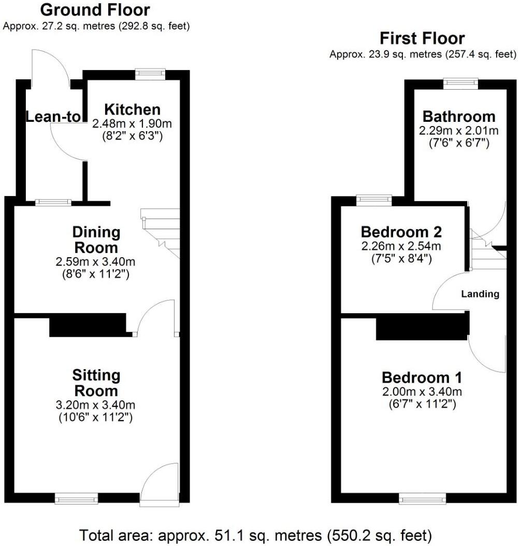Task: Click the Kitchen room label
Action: coord(132,109)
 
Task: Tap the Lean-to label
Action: coord(54,117)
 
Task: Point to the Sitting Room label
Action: coord(96,383)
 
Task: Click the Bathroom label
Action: coord(458,116)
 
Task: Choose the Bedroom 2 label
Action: coord(401,231)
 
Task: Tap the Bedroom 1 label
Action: coord(422,377)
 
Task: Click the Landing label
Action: coord(480,294)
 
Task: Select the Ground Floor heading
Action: coord(95,10)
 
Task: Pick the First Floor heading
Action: coord(422,38)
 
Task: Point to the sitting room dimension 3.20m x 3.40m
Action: coord(96,405)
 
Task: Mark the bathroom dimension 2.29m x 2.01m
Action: coord(458,131)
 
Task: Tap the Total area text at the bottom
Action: coord(255,534)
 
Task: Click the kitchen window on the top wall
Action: coord(150,74)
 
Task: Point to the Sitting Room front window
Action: coord(77,499)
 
